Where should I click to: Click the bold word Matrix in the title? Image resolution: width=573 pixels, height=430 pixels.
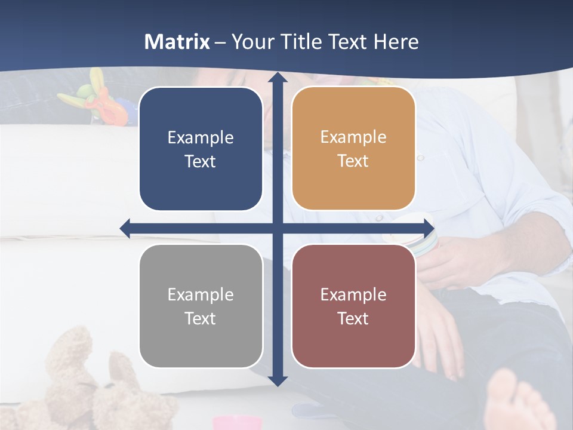[177, 42]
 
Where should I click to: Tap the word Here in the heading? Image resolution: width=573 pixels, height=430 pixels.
[396, 42]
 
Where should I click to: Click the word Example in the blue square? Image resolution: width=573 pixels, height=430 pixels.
[201, 138]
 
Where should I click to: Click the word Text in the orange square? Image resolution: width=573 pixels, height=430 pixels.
[353, 161]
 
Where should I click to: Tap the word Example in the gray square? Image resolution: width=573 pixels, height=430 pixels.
[201, 294]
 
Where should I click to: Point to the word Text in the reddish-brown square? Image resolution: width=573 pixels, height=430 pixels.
[353, 318]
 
